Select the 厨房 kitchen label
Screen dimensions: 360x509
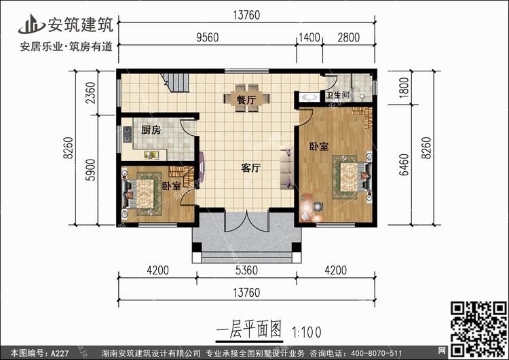150,130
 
